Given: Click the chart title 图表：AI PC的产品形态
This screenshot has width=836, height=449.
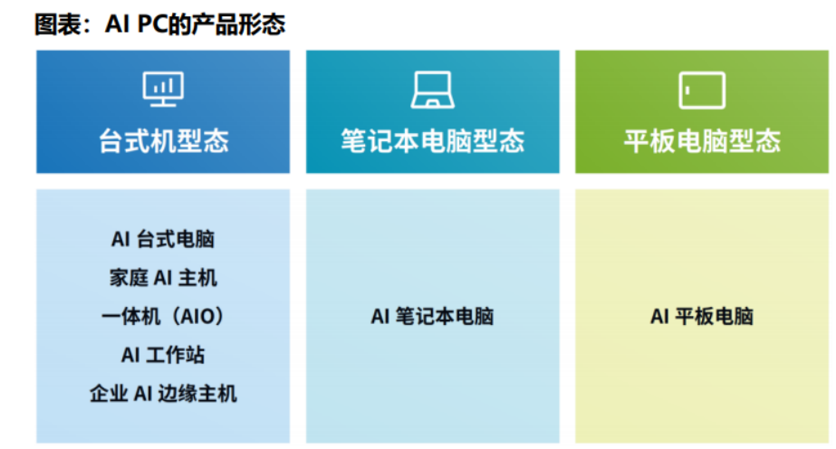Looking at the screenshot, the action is pos(160,24).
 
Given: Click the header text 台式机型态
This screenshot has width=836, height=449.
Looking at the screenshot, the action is pos(163,141).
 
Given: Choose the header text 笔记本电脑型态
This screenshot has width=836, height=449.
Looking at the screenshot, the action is pos(432,141).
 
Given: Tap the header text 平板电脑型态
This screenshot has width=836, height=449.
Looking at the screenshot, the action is pos(702,141).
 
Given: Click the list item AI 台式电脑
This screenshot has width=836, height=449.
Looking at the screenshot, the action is pos(163,239).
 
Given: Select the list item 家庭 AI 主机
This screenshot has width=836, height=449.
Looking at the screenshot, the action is pos(163,278).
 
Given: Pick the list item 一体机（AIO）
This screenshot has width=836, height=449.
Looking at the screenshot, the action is pos(163,316).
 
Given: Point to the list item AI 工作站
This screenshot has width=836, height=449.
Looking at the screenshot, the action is pos(163,355).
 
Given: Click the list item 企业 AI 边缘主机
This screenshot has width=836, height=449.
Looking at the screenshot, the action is pos(163,394).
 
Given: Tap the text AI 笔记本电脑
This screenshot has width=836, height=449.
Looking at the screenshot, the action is pos(432,316).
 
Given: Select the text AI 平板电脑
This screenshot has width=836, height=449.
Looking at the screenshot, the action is pos(702,316).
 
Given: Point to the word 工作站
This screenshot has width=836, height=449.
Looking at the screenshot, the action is pos(176,355).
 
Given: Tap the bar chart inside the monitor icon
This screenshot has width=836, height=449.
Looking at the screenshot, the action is pos(164,86).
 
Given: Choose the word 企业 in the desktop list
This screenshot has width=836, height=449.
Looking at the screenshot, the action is pos(109,394).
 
